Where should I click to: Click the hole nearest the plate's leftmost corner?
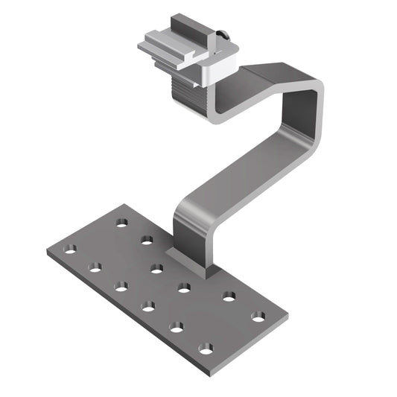(70, 250)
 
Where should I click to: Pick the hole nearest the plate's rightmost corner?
(258, 317)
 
